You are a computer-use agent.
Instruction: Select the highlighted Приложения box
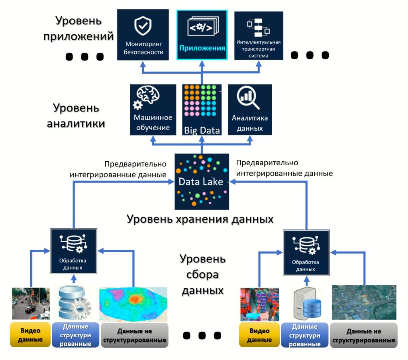click(x=202, y=35)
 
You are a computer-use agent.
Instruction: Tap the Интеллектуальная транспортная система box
click(x=259, y=35)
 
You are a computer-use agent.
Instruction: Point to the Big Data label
click(x=202, y=130)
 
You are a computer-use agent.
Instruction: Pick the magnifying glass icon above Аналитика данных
click(x=247, y=98)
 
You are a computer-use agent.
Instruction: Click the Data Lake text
click(x=200, y=182)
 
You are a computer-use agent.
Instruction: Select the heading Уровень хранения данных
click(x=200, y=219)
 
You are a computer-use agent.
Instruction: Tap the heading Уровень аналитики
click(x=76, y=116)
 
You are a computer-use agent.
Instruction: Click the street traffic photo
click(x=31, y=303)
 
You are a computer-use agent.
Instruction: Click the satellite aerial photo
click(x=364, y=303)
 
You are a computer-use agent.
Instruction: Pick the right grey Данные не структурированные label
click(x=364, y=336)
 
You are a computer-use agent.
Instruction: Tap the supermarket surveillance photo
click(x=259, y=304)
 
